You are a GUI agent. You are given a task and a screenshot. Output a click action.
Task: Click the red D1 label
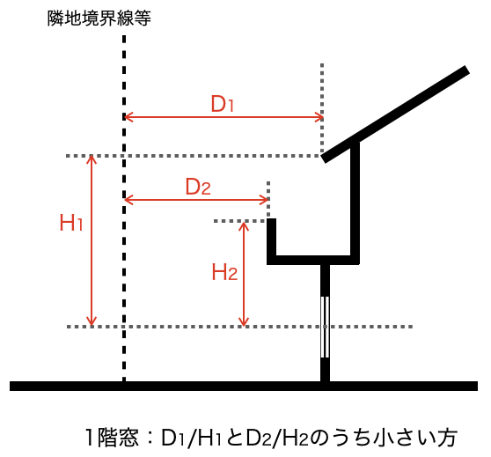223,104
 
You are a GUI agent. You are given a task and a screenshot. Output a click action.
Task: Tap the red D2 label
198,187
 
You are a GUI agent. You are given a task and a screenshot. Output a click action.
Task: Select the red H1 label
71,223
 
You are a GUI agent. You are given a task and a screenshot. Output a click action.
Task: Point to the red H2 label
224,272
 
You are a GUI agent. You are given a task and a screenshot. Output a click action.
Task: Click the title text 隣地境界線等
99,18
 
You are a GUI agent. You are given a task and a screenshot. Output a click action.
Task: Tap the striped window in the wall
325,327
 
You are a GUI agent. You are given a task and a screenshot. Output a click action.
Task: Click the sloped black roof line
395,114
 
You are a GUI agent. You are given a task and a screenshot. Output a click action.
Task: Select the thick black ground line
244,386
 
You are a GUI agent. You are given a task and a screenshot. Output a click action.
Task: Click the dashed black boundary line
124,209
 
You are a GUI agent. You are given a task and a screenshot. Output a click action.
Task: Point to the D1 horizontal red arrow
224,117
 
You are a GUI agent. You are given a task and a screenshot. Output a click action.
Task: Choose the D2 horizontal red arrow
196,199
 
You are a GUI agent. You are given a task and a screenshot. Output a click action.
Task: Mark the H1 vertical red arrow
92,241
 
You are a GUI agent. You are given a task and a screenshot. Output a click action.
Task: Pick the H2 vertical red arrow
244,274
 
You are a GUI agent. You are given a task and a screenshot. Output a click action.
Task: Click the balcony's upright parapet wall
272,241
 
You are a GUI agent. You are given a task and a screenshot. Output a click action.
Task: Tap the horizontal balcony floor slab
313,260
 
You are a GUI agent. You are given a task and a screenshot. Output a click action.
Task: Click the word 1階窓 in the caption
112,438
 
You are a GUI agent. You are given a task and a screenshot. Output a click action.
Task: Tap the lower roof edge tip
324,158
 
